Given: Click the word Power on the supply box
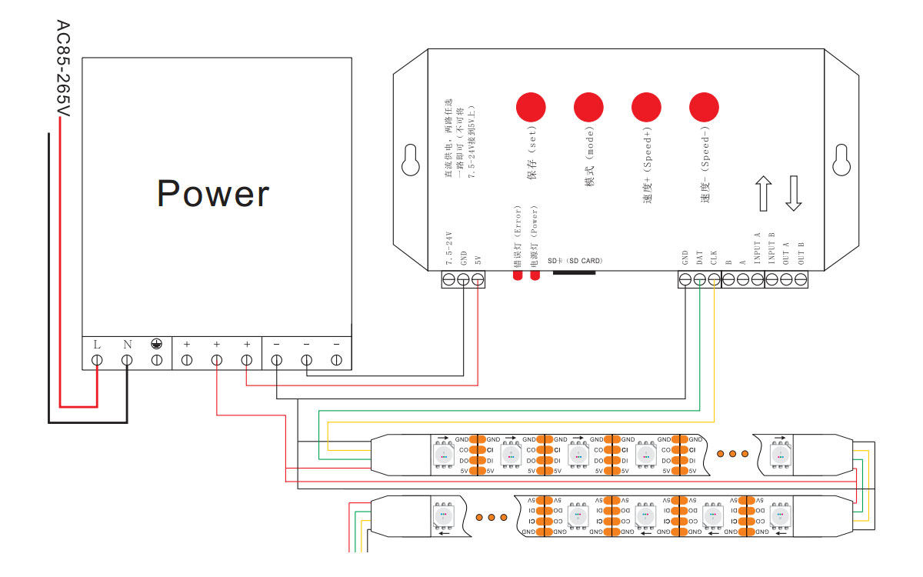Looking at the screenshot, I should click(x=213, y=194).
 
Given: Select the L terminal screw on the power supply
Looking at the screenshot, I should click(x=98, y=359).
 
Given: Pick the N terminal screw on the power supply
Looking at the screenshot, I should click(x=127, y=359).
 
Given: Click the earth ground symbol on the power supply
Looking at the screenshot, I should click(x=156, y=345).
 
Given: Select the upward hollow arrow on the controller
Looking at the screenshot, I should click(x=764, y=193).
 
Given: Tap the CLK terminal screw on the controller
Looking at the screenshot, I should click(x=715, y=280).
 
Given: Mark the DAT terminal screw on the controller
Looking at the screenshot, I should click(x=700, y=280).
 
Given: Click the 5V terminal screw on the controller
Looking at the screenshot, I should click(x=478, y=280).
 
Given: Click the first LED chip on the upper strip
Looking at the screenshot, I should click(x=445, y=454).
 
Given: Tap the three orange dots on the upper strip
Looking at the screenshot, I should click(x=732, y=453).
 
